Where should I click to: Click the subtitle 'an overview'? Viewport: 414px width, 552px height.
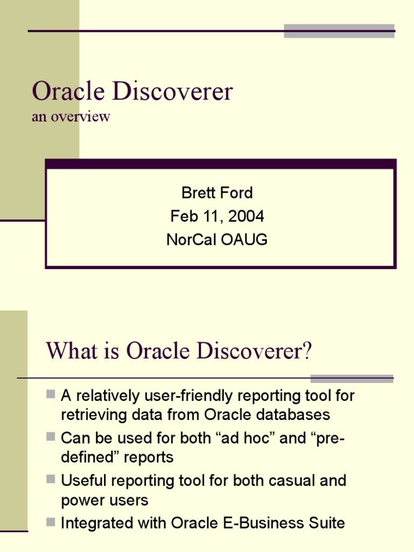[71, 116]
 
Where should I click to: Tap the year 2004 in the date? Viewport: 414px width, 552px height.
[246, 216]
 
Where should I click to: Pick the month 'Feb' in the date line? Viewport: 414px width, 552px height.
[181, 216]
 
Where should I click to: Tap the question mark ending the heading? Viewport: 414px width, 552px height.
[307, 351]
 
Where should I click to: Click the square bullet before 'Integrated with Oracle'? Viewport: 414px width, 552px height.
[51, 521]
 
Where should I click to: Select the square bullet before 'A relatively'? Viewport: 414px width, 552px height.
[51, 394]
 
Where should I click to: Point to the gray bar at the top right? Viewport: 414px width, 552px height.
[339, 31]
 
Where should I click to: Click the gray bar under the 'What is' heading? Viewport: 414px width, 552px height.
[351, 378]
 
